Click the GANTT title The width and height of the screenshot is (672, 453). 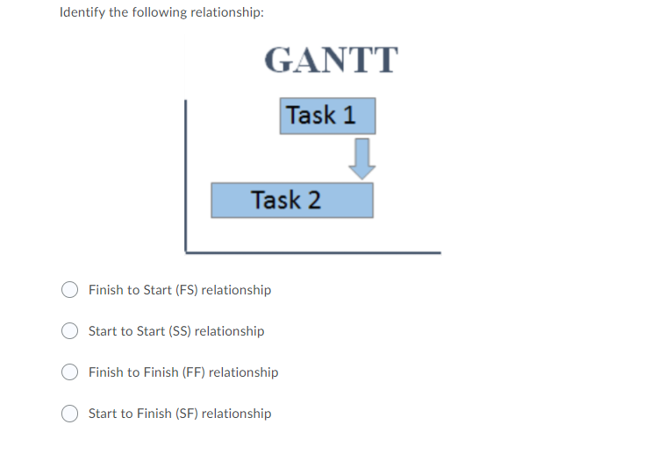331,60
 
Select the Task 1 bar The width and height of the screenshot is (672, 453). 327,116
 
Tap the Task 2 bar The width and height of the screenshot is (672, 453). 291,200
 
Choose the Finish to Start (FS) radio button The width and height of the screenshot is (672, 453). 70,290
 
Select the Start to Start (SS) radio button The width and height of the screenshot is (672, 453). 70,331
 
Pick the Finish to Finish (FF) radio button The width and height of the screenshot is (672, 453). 70,372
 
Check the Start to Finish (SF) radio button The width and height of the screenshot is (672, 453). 70,414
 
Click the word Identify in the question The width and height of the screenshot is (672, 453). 82,14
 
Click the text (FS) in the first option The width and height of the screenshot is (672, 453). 186,290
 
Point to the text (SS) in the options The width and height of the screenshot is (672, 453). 179,331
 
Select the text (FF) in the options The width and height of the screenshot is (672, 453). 193,372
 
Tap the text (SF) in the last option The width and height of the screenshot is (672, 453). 186,414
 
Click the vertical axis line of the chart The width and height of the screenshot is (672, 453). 185,175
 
